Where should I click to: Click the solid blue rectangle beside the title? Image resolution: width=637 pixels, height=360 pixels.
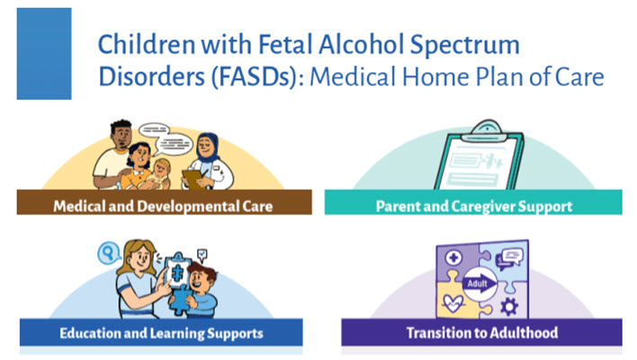coord(44,54)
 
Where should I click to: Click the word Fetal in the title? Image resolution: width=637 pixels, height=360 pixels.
coord(285,44)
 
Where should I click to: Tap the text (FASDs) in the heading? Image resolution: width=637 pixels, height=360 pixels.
coord(255,77)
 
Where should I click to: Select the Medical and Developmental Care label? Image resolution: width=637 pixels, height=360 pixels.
coord(163,206)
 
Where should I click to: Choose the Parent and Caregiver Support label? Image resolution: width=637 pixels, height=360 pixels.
coord(473,206)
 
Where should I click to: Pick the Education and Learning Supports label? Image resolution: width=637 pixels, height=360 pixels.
coord(161,333)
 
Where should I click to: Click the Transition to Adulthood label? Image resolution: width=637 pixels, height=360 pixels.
coord(482,333)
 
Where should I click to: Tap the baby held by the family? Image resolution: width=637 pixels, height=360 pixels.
coord(157,174)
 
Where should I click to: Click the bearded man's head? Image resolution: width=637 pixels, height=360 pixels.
coord(121,134)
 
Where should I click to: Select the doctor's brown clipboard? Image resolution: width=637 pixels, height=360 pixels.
coord(194,180)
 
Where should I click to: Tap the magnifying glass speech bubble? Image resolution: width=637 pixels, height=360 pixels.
coord(109,253)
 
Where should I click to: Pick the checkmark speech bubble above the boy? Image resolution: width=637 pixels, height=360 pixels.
coord(202,256)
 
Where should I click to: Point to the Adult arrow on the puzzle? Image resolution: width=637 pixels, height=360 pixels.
coord(480,283)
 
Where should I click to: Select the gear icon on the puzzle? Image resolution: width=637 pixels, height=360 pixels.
coord(508,306)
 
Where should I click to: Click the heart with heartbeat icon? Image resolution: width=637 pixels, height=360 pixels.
coord(453,303)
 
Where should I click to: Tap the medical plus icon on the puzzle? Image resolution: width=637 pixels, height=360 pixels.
coord(453,257)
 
